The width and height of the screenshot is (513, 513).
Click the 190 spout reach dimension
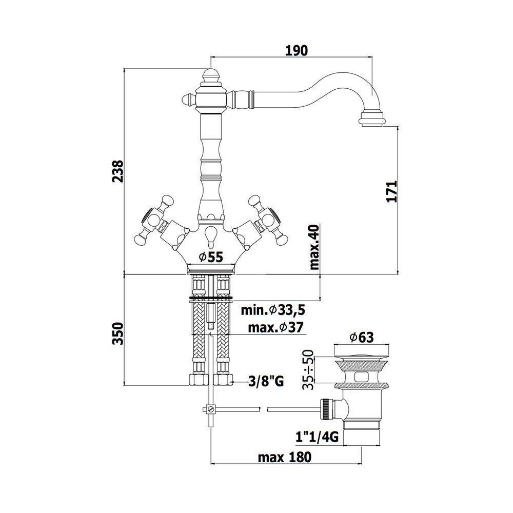tap(297, 50)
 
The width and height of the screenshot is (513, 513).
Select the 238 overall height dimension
tap(118, 171)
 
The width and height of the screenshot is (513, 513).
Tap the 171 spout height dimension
tap(391, 191)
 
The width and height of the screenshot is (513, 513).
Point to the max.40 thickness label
tap(314, 247)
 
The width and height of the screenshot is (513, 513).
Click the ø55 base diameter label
tap(211, 257)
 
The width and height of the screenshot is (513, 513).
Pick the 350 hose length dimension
tap(118, 333)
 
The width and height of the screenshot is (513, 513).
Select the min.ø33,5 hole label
tap(273, 309)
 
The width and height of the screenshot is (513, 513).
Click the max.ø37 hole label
tap(276, 327)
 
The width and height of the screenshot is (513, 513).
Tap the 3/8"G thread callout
tap(266, 381)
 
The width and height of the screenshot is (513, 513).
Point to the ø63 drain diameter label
tap(361, 337)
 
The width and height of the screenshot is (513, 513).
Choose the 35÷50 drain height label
tap(308, 369)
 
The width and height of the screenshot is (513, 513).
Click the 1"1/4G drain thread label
tap(317, 437)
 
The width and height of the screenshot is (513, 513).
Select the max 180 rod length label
tap(285, 457)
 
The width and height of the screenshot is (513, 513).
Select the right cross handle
tap(267, 220)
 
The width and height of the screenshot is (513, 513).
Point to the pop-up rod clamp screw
tap(210, 409)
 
